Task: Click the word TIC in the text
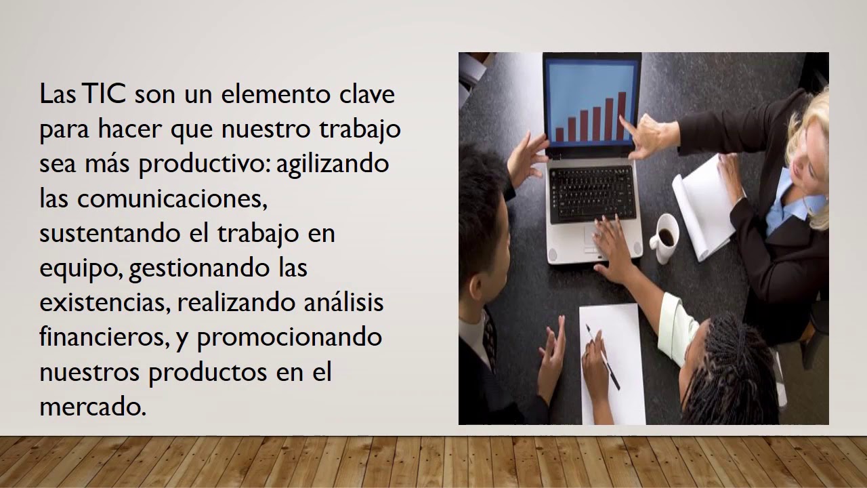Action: (x=106, y=94)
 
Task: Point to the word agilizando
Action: (x=333, y=164)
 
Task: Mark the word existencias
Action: (x=102, y=302)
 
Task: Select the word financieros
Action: (x=102, y=337)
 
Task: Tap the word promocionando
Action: (x=289, y=337)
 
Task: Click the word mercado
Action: (x=92, y=407)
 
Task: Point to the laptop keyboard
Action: (x=592, y=192)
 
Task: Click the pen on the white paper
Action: (x=603, y=357)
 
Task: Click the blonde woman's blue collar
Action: (x=786, y=203)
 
